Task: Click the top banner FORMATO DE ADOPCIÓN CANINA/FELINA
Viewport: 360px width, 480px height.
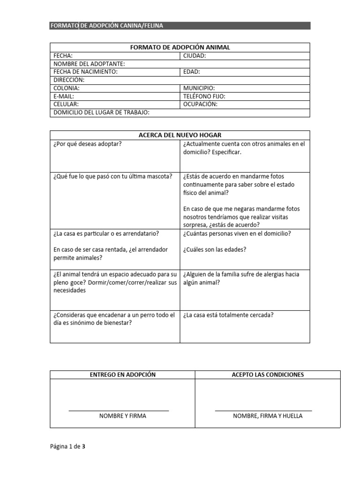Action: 107,26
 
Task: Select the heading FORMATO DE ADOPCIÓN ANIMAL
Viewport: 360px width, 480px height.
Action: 180,47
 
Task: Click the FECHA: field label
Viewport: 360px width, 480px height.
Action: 63,56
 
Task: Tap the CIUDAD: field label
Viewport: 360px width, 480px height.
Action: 195,56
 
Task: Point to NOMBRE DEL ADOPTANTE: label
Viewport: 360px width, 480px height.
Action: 89,64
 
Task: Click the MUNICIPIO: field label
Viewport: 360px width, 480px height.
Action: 199,88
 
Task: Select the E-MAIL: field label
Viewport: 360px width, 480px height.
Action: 64,96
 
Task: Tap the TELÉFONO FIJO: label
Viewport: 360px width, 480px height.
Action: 204,96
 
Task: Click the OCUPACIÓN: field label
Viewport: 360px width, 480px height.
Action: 200,104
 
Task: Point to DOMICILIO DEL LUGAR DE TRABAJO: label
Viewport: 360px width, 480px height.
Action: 101,112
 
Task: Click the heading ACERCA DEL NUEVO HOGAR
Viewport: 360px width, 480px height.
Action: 180,135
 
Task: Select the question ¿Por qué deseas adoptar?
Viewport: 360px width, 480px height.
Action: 88,144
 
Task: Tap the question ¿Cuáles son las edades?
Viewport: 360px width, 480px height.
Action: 215,249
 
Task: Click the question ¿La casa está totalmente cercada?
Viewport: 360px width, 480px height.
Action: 228,315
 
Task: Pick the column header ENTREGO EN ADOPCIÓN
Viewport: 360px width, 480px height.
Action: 122,375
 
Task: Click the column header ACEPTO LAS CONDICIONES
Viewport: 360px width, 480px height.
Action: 268,375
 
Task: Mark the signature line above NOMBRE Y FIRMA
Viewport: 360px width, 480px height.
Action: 119,411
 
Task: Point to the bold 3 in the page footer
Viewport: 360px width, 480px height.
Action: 83,447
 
